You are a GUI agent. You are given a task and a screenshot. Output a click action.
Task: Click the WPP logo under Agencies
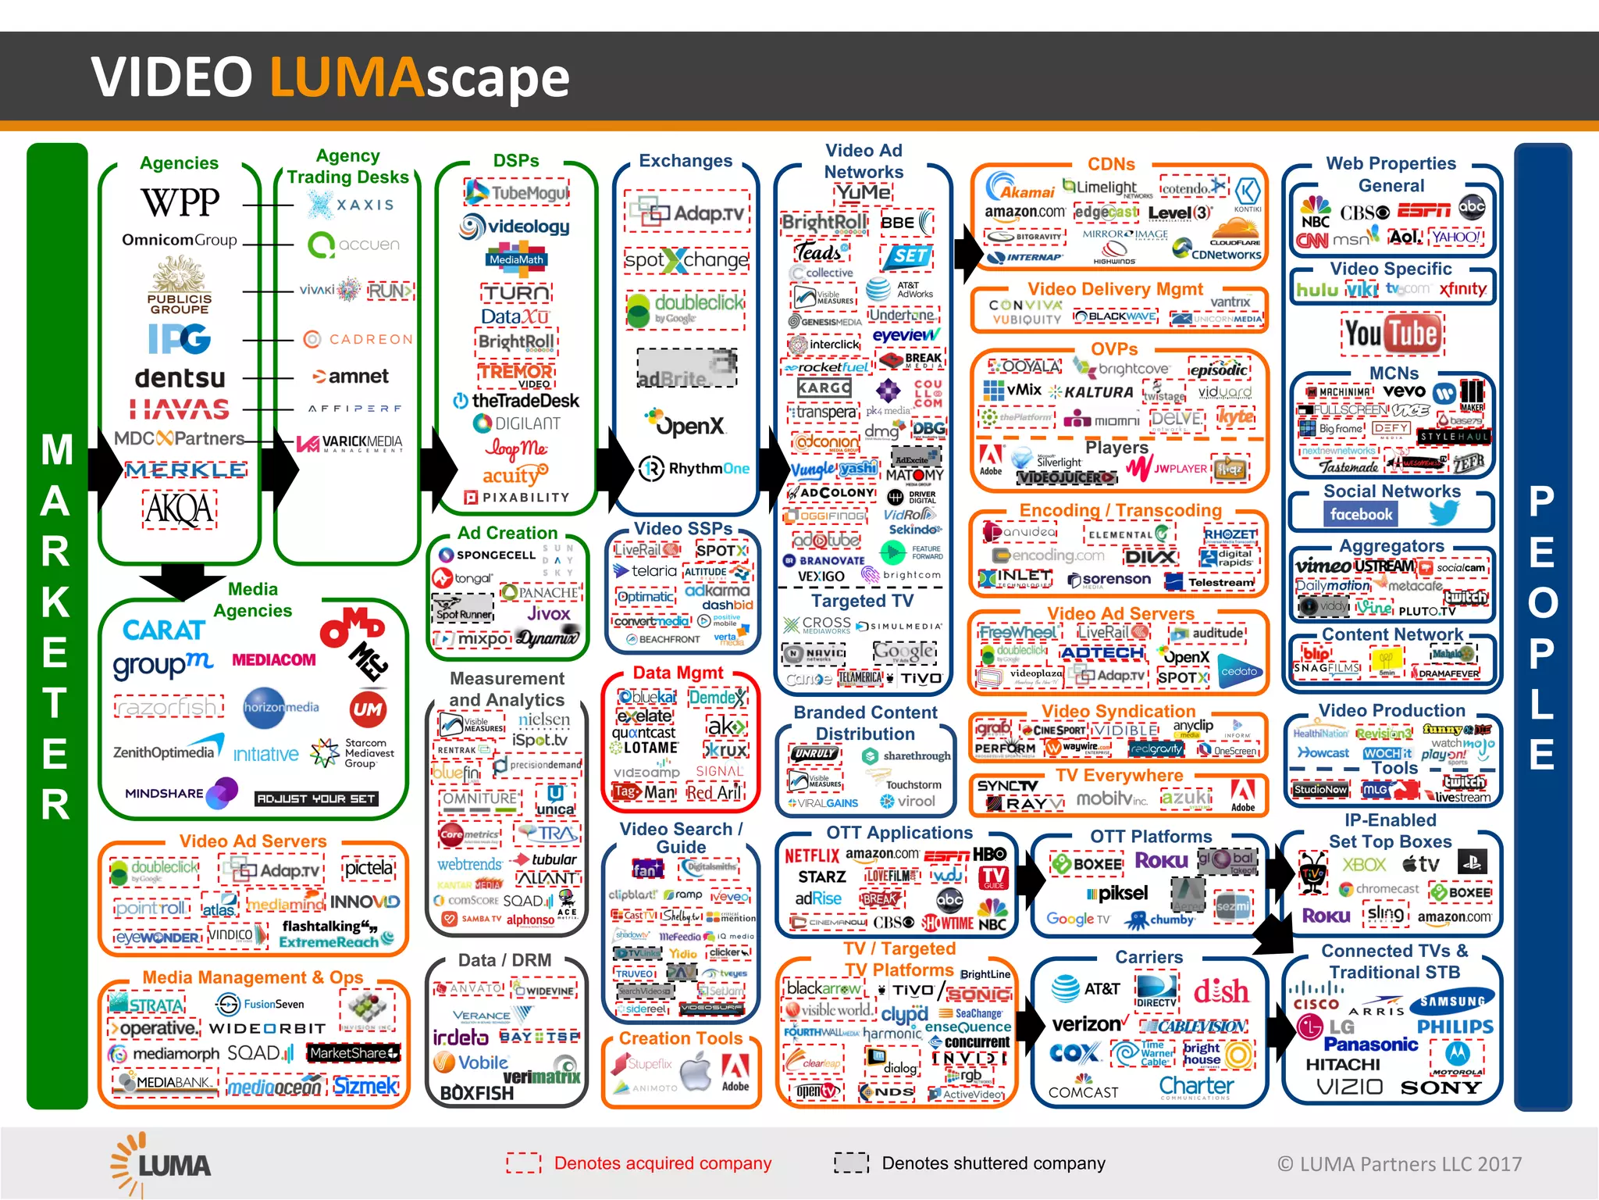click(180, 202)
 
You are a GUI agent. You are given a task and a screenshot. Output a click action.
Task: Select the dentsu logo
click(180, 378)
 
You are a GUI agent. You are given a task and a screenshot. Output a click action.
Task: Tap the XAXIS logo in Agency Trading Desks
click(351, 205)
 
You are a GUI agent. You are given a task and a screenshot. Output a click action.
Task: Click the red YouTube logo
click(1392, 334)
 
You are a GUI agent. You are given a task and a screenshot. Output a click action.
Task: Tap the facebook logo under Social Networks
click(1361, 514)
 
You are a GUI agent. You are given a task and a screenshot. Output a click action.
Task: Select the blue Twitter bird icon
click(1444, 513)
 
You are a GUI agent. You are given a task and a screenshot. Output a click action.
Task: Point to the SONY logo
click(1441, 1087)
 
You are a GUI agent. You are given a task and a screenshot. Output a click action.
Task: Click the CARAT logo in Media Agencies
click(164, 630)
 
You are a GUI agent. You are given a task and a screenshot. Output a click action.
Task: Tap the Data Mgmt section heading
click(678, 673)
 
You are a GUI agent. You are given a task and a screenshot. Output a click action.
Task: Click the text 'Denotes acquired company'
click(662, 1163)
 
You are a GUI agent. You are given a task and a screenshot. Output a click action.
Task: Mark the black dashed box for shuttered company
click(851, 1162)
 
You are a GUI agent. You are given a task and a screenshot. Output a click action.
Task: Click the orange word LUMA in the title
click(347, 77)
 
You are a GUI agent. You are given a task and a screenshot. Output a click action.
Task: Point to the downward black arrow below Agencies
click(183, 582)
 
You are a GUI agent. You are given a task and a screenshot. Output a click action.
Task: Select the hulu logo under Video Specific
click(1317, 290)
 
